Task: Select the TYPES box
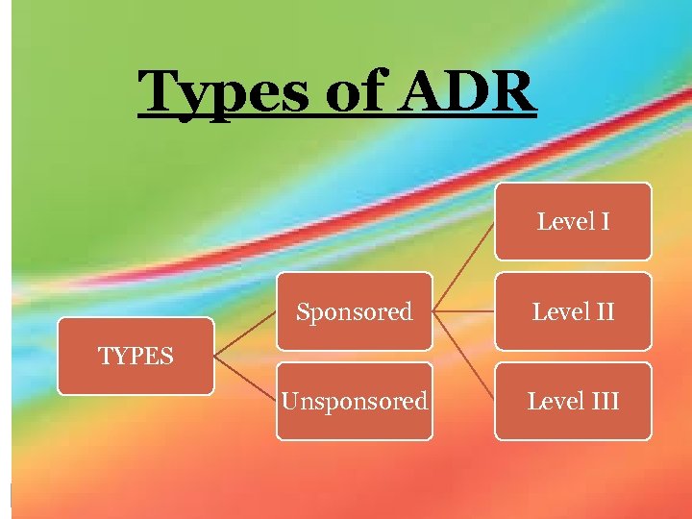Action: pos(136,356)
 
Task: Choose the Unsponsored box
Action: pos(354,401)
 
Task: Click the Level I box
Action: pos(573,222)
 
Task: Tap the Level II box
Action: pos(573,311)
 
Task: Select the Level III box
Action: pos(573,401)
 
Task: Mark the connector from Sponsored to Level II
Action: pos(463,311)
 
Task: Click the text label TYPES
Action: pos(136,357)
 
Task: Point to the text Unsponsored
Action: pos(354,401)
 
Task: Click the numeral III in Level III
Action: pos(604,401)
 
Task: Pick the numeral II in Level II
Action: pos(602,311)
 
